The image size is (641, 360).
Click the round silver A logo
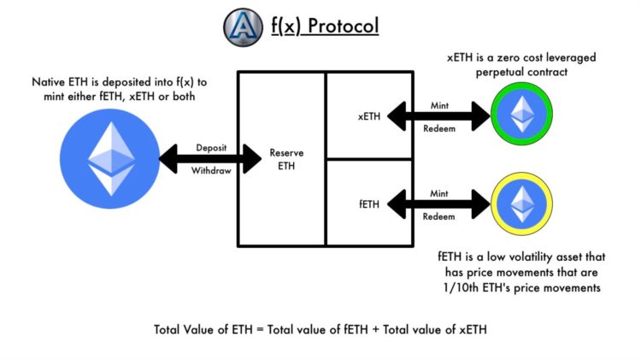pyautogui.click(x=245, y=27)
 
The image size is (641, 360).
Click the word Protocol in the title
pyautogui.click(x=345, y=27)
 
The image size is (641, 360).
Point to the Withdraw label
pyautogui.click(x=209, y=170)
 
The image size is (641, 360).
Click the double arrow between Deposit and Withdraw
pyautogui.click(x=209, y=157)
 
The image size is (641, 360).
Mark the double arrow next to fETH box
pyautogui.click(x=439, y=204)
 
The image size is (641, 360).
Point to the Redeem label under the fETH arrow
pyautogui.click(x=439, y=217)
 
